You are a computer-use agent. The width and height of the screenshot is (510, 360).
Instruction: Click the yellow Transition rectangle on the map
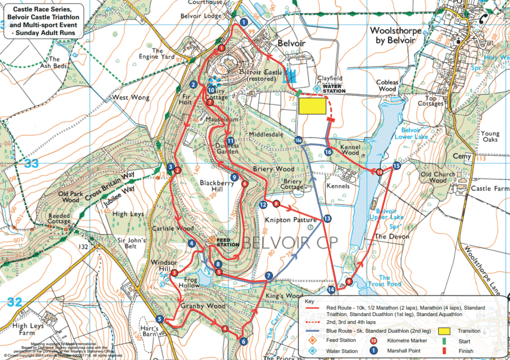pos(312,106)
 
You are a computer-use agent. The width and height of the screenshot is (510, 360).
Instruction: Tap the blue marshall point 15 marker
pos(396,166)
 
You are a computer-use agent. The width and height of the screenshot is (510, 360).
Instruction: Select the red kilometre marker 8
pos(276,204)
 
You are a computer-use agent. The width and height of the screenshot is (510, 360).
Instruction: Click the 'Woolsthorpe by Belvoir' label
pos(396,36)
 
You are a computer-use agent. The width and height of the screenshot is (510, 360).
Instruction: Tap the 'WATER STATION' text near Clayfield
pos(334,89)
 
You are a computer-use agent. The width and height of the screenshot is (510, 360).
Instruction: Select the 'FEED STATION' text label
pos(228,242)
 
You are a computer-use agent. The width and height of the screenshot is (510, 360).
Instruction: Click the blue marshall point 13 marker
pos(327,219)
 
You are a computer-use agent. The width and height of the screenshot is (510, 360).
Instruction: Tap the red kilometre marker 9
pos(349,282)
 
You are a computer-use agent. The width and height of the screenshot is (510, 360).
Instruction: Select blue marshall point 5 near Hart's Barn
pos(160,319)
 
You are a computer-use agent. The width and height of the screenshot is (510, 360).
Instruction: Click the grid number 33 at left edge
pos(31,163)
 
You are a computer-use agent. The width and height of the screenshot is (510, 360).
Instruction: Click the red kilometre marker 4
pos(225,329)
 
